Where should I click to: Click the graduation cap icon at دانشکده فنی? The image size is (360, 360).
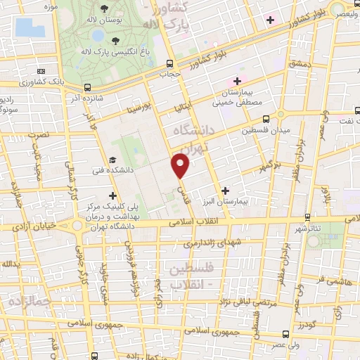[113, 160]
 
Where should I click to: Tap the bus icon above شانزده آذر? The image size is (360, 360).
[87, 88]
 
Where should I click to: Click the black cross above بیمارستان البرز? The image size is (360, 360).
[225, 190]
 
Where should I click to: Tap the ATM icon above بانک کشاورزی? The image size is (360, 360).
[41, 72]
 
